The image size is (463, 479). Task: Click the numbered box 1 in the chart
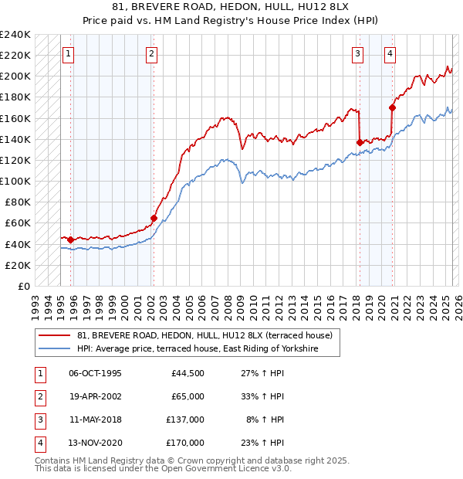coord(69,53)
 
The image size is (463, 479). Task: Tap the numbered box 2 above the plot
coord(151,53)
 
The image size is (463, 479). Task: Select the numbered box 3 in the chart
coord(358,53)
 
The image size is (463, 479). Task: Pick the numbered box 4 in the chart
coord(390,53)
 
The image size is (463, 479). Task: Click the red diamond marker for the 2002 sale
coord(154,218)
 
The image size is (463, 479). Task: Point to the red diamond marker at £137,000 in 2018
coord(360,142)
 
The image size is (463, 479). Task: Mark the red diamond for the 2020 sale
coord(393,108)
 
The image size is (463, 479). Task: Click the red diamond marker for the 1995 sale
coord(70,239)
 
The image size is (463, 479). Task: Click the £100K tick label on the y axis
coord(15,181)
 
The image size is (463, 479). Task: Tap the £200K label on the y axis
coord(15,76)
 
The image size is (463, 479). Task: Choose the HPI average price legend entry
coord(208,349)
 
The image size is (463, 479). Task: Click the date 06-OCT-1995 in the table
coord(95,373)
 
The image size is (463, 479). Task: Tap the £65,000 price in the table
coord(188,396)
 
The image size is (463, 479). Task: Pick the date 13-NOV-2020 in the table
coord(96,443)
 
